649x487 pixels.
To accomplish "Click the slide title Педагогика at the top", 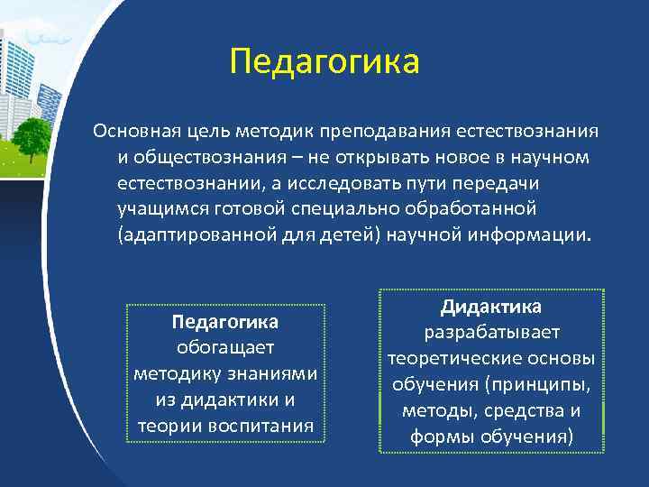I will point(324,63).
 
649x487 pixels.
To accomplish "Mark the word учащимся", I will point(154,209).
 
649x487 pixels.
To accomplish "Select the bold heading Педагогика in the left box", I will point(224,322).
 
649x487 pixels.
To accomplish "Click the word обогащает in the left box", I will point(224,347).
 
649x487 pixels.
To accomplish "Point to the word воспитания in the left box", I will point(268,425).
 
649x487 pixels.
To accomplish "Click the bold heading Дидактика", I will point(490,308).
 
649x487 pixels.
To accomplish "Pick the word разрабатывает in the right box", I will point(491,333).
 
